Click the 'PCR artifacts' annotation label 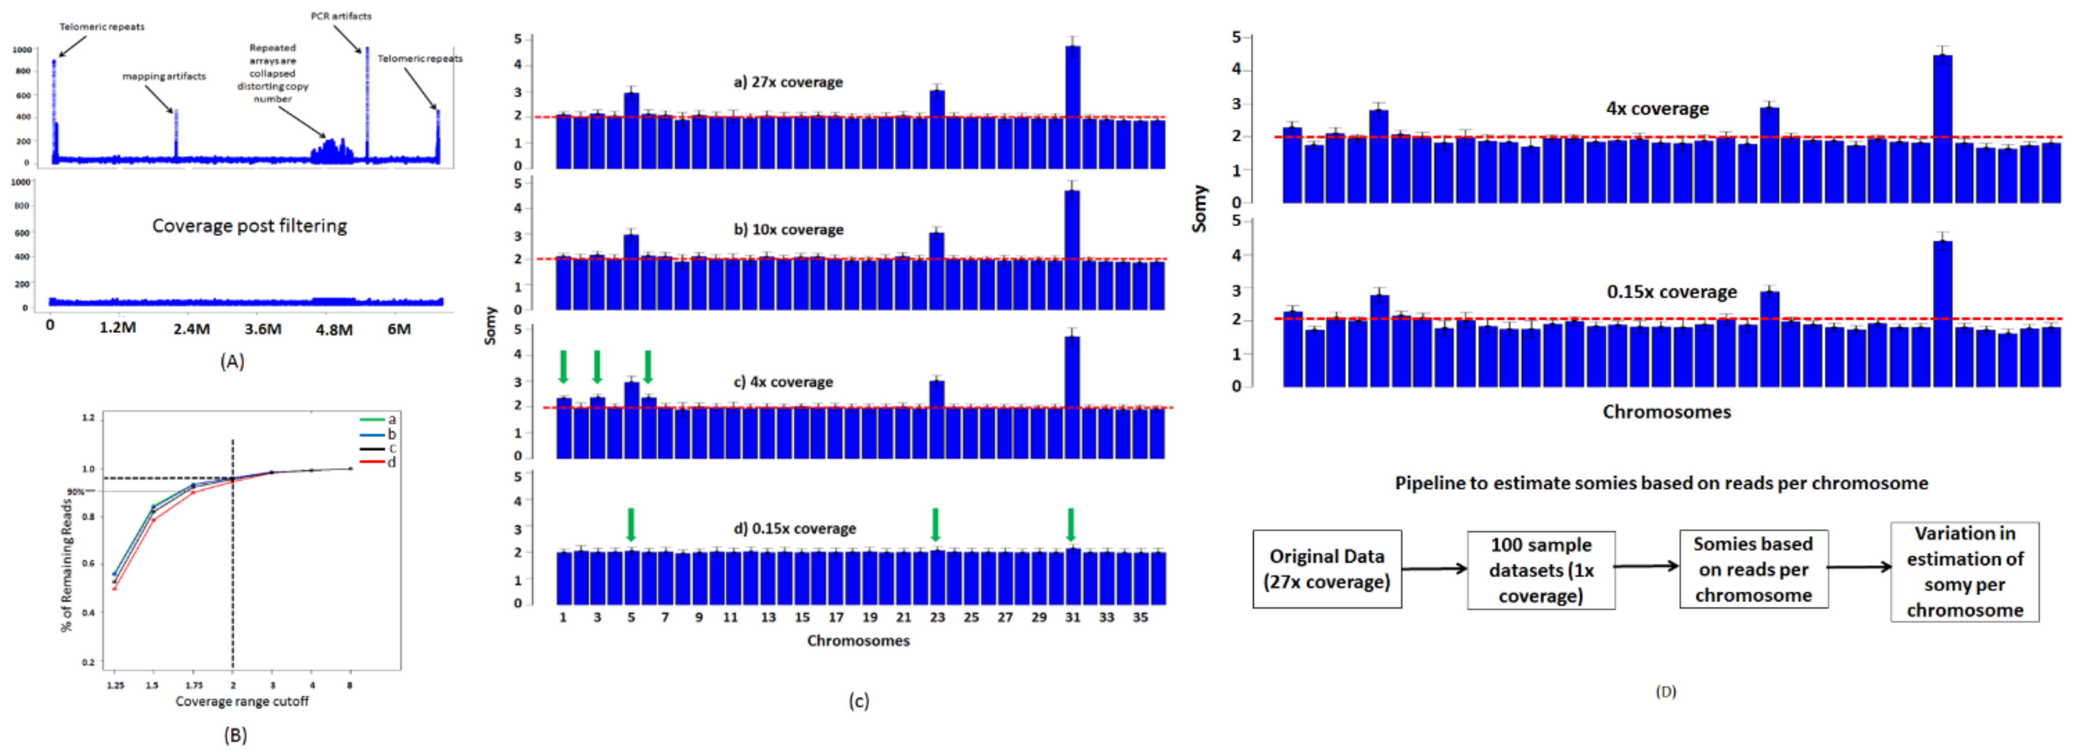click(x=341, y=16)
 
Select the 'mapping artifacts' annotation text click(x=164, y=77)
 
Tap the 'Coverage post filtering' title click(x=249, y=226)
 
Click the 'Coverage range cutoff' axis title click(x=242, y=701)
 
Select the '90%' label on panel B click(x=76, y=491)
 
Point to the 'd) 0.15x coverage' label click(x=795, y=529)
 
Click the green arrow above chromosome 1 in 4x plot click(x=564, y=366)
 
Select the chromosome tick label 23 click(x=937, y=617)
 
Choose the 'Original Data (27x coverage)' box click(x=1326, y=569)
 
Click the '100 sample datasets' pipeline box click(x=1540, y=570)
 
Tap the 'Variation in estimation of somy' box click(x=1964, y=572)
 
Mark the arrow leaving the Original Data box click(x=1434, y=569)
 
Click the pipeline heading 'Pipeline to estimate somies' click(x=1661, y=483)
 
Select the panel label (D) click(x=1665, y=692)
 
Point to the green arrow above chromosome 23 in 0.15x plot click(x=935, y=524)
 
